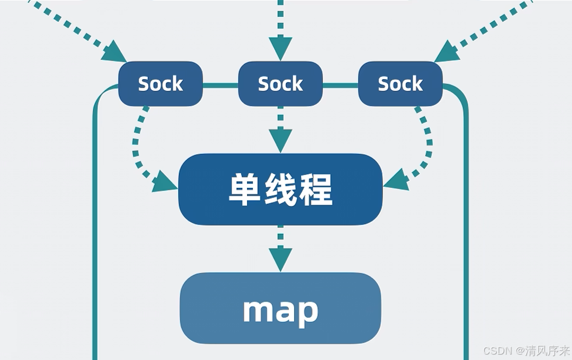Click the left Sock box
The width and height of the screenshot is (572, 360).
pyautogui.click(x=160, y=84)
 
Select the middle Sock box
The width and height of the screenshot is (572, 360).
pyautogui.click(x=281, y=84)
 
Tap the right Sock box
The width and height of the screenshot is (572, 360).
pyautogui.click(x=400, y=84)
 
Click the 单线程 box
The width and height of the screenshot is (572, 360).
pyautogui.click(x=281, y=189)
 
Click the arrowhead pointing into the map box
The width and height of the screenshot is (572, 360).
pyautogui.click(x=281, y=259)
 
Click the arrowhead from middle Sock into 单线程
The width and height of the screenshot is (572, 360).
pyautogui.click(x=281, y=141)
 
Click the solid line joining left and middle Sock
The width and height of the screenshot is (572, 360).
pyautogui.click(x=220, y=85)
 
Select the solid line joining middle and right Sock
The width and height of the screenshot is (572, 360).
pyautogui.click(x=340, y=85)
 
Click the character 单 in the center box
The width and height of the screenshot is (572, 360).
pyautogui.click(x=244, y=189)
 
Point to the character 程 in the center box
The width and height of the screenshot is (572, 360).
pyautogui.click(x=316, y=189)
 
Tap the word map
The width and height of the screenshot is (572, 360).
pyautogui.click(x=281, y=310)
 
